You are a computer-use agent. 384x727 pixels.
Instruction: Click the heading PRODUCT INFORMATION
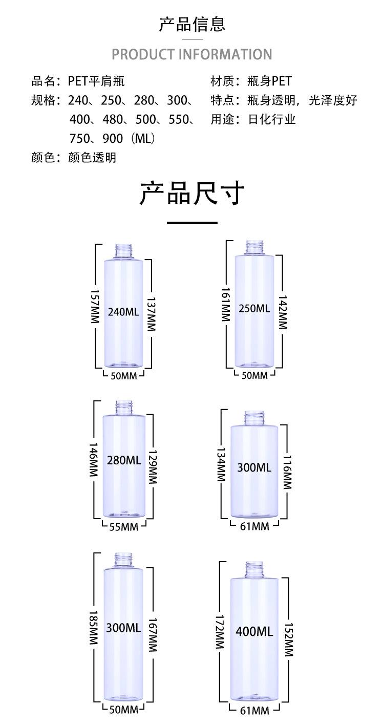coord(192,54)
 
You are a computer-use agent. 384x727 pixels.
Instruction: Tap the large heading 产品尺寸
coord(192,193)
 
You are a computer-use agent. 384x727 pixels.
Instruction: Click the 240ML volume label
coord(123,311)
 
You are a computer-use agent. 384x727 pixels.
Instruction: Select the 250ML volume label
coord(254,308)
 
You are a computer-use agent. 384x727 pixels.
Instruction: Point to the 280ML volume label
coord(123,460)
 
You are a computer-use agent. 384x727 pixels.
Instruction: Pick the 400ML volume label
coord(254,631)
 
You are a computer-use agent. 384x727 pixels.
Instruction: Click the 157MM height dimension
coord(95,306)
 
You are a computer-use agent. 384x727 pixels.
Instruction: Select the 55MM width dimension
coord(123,526)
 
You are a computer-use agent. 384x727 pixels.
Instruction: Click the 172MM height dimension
coord(220,631)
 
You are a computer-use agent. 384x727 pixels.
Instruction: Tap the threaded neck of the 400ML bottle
coord(254,568)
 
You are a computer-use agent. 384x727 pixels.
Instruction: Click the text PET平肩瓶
coord(96,81)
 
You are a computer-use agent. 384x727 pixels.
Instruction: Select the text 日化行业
coord(272,119)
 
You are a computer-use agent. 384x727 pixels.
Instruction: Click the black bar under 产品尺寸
coord(192,223)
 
